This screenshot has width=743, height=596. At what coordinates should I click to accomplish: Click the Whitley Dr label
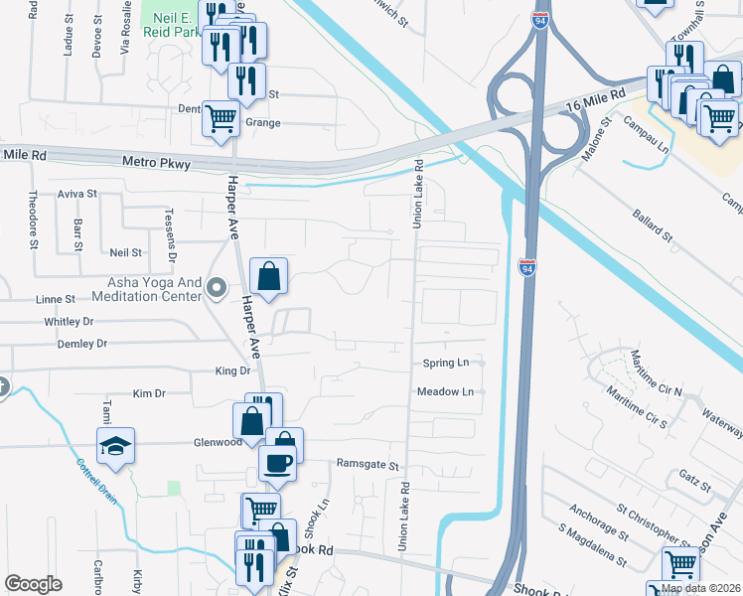tap(69, 322)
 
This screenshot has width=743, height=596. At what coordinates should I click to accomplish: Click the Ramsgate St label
tap(367, 464)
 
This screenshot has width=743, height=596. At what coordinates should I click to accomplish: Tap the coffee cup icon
tap(277, 461)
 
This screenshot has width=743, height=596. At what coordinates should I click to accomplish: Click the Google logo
tap(33, 583)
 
